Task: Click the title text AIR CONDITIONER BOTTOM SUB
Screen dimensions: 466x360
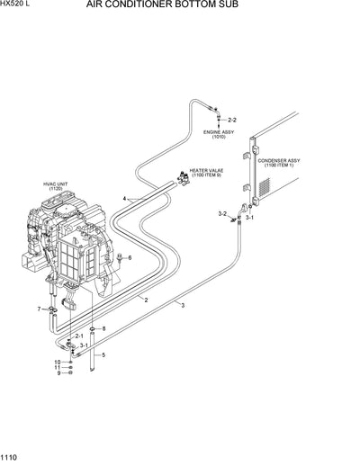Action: [181, 5]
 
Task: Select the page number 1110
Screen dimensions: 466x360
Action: [11, 459]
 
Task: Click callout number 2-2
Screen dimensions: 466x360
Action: [232, 120]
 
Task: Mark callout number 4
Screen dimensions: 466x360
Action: [126, 197]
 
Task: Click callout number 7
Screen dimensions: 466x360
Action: [39, 309]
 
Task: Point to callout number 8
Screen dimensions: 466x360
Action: [103, 329]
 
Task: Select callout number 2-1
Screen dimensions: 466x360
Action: [79, 336]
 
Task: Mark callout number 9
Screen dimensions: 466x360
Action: [58, 374]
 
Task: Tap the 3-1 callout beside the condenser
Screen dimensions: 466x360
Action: [251, 218]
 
